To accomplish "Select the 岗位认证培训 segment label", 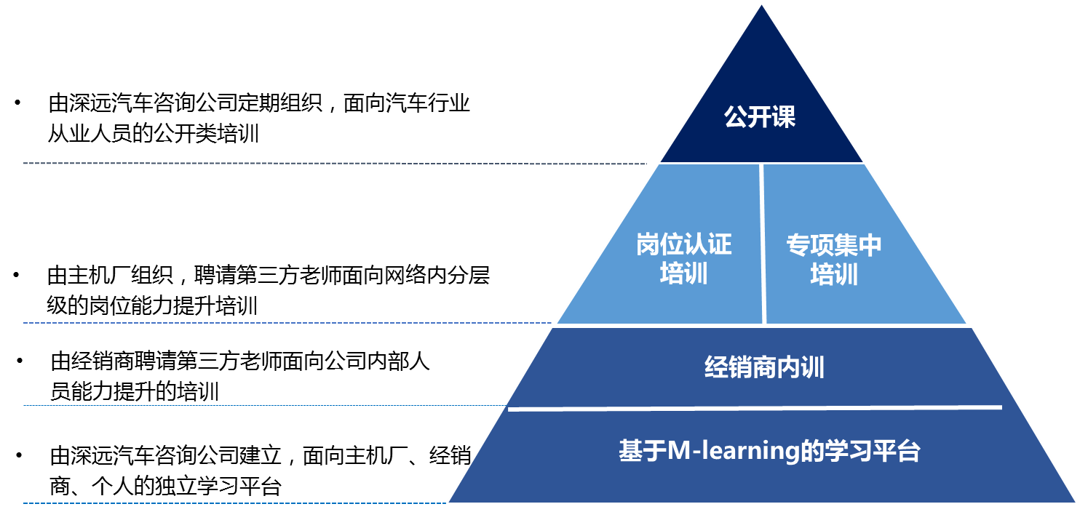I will pos(683,260).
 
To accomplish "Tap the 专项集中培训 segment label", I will pos(834,260).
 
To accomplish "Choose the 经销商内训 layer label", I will pos(764,367).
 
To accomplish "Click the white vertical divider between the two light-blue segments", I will pos(762,244).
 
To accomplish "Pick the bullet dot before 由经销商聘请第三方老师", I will pos(20,360).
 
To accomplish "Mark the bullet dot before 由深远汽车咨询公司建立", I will pos(18,456).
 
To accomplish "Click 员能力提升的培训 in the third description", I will pos(134,392).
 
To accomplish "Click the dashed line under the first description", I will pos(335,164).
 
